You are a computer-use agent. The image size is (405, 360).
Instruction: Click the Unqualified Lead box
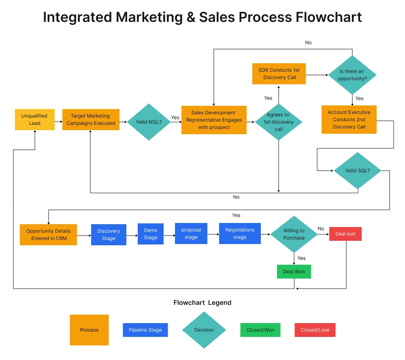point(34,120)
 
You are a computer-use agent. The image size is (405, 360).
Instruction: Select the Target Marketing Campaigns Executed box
point(91,120)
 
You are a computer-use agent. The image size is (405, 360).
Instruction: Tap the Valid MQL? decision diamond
point(149,122)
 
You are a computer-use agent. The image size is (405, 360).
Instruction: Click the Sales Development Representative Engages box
point(214,120)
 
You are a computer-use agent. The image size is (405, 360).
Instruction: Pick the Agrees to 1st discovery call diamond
point(279,122)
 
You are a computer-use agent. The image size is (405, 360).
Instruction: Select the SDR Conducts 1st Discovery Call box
point(279,74)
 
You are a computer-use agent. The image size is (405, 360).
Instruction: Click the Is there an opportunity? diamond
point(352,75)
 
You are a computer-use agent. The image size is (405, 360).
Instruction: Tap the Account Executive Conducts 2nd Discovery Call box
point(349,120)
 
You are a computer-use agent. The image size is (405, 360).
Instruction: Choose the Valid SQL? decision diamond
point(358,171)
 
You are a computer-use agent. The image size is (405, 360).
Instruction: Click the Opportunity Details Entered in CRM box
point(48,235)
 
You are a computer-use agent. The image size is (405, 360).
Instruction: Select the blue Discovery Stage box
point(109,235)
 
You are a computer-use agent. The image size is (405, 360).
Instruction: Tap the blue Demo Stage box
point(150,234)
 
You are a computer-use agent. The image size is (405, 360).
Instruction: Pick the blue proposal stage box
point(191,234)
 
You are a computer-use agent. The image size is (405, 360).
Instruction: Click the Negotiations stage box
point(240,234)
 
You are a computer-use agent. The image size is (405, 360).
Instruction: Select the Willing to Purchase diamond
point(294,234)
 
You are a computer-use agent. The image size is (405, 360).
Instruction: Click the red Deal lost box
point(345,234)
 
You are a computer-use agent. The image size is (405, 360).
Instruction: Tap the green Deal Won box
point(294,272)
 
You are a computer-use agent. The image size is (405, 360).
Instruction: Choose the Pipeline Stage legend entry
point(145,330)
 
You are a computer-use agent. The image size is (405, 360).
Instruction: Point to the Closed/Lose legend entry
point(315,330)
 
